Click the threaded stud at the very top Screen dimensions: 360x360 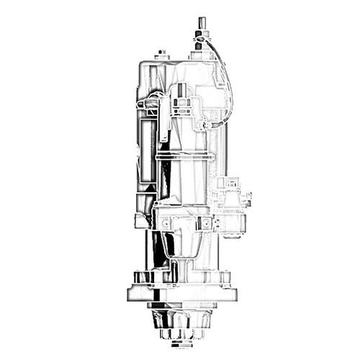coord(199,24)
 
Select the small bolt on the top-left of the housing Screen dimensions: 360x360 coord(162,53)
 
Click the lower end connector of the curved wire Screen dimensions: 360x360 coord(207,125)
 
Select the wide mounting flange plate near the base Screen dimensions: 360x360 coord(181,294)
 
